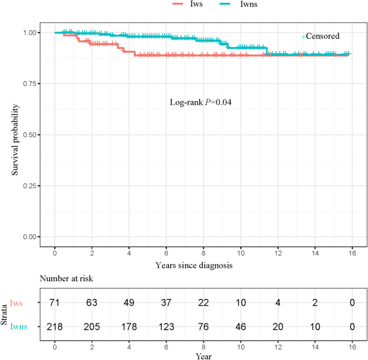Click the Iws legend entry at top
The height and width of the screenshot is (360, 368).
(x=187, y=4)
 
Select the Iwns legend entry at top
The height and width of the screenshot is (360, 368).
(x=238, y=4)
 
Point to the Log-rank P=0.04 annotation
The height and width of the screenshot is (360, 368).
(x=201, y=103)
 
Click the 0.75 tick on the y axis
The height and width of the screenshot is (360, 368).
(x=30, y=84)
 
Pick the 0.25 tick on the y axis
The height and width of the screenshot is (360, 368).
(x=30, y=186)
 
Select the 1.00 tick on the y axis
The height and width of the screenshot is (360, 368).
(x=30, y=33)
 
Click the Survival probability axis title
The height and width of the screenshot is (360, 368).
(x=15, y=139)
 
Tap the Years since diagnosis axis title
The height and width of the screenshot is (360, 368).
(x=194, y=265)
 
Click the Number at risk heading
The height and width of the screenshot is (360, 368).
(x=67, y=278)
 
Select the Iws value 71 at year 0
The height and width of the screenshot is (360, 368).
(x=54, y=302)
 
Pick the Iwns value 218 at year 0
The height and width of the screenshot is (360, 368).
(x=55, y=327)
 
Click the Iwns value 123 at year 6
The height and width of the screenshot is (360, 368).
(x=166, y=327)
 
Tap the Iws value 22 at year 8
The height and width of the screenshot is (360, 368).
(x=203, y=302)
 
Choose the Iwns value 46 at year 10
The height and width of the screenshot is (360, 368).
(x=241, y=327)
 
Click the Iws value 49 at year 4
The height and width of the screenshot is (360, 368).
(x=129, y=302)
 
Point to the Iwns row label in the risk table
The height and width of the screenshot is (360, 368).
(x=18, y=327)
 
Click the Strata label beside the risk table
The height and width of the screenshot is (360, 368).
(x=4, y=315)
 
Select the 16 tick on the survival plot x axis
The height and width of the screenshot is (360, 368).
(x=352, y=253)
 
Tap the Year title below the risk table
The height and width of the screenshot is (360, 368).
(x=204, y=356)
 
